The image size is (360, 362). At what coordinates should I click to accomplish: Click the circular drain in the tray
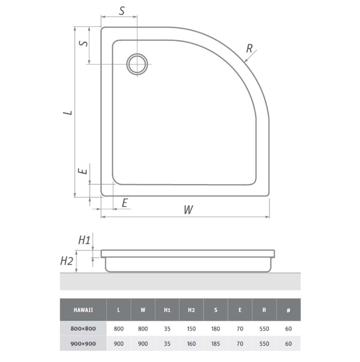click(127, 65)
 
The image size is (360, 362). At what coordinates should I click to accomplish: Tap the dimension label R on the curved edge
click(249, 49)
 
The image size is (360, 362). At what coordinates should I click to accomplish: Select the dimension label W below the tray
click(188, 210)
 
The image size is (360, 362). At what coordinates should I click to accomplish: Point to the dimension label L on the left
click(68, 113)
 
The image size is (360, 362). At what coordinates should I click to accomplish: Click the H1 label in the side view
click(84, 240)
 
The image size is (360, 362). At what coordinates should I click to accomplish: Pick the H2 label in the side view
click(67, 261)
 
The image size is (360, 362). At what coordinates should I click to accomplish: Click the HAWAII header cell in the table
click(83, 310)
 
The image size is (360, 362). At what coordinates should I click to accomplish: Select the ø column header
click(288, 310)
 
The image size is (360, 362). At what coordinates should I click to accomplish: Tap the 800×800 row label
click(83, 329)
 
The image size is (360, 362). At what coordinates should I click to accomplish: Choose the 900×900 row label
click(83, 344)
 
